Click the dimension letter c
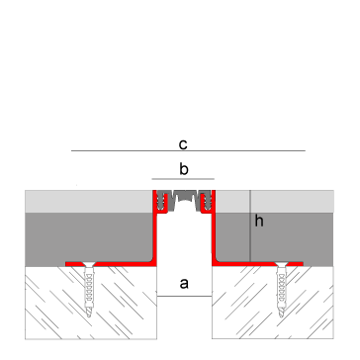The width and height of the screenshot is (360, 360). pos(183,141)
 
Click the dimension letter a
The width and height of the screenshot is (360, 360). pos(183,284)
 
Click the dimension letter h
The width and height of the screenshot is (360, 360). pos(259,222)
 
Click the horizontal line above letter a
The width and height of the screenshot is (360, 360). pos(183,294)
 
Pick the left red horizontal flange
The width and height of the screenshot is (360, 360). pos(109,262)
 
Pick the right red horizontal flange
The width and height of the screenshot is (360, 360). pos(257,262)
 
